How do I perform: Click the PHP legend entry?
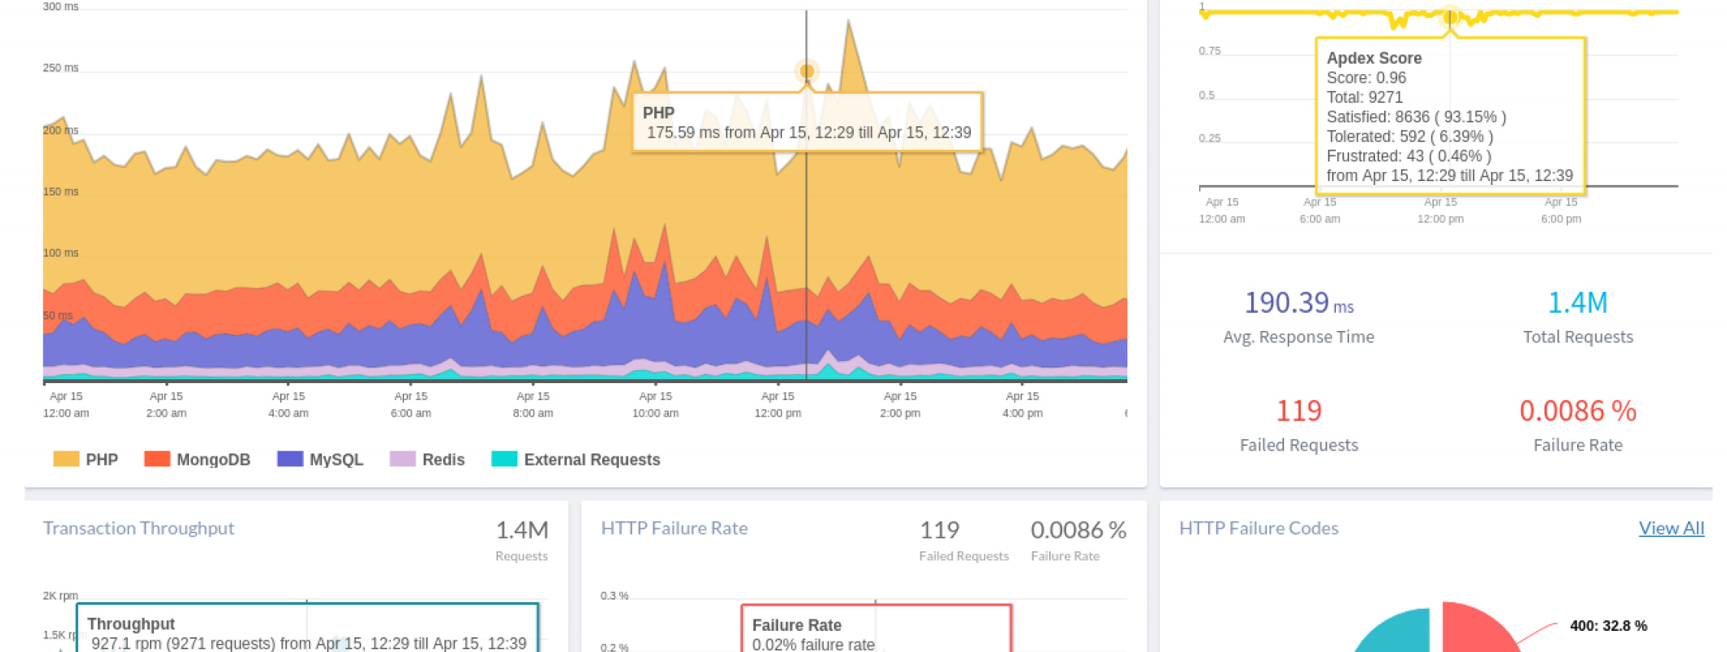click(86, 460)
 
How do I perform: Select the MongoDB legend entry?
click(197, 460)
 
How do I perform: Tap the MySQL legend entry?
click(320, 460)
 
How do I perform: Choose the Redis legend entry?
click(428, 460)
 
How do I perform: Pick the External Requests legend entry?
click(576, 460)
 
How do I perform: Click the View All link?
click(1671, 528)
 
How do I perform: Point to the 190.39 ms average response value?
click(1298, 303)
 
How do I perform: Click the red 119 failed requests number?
click(1299, 411)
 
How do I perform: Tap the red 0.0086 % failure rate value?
click(1577, 411)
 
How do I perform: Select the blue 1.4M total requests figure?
click(1577, 303)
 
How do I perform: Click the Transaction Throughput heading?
click(138, 528)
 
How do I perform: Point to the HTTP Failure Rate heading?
click(674, 528)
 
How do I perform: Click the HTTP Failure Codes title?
click(1259, 528)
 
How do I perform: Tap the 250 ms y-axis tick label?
click(61, 68)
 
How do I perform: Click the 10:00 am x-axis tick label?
click(656, 405)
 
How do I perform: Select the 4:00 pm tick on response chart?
click(1022, 405)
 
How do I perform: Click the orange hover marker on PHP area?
click(806, 72)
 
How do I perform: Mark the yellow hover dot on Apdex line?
click(1450, 16)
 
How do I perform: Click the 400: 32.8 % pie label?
click(1608, 626)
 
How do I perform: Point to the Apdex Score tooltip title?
click(1374, 58)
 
